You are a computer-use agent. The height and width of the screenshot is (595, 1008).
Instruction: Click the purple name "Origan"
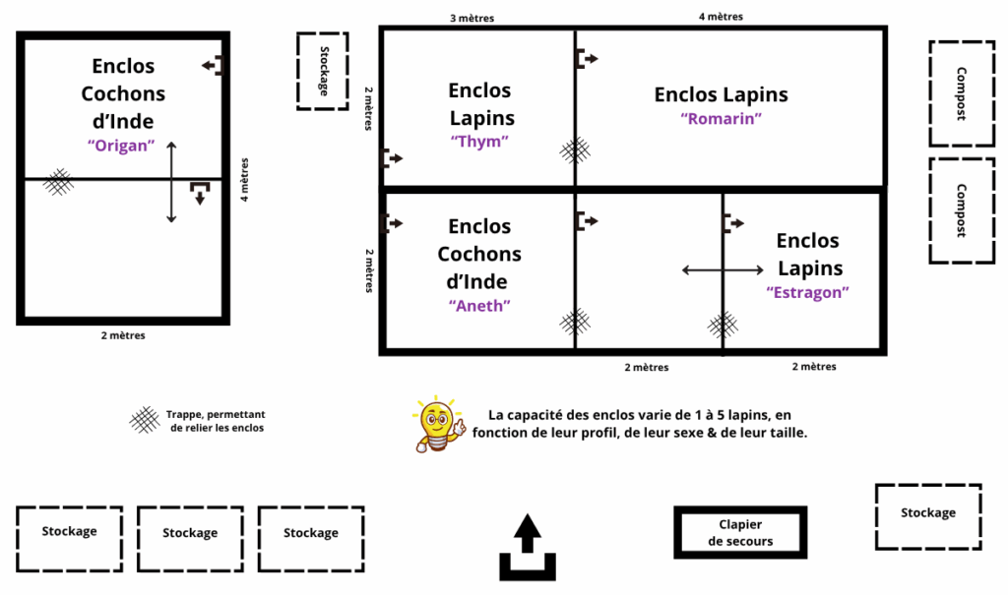click(x=123, y=145)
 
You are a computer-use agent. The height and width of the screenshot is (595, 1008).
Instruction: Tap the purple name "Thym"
click(x=478, y=142)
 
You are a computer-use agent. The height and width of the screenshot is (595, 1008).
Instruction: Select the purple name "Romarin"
click(x=721, y=119)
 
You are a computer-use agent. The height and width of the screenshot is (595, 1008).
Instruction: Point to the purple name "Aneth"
click(x=479, y=305)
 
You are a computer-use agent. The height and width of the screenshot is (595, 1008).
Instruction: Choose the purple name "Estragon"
click(x=807, y=292)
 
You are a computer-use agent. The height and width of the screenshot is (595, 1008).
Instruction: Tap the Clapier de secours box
click(x=740, y=533)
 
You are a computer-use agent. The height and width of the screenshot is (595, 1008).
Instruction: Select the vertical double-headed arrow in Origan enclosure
click(x=171, y=182)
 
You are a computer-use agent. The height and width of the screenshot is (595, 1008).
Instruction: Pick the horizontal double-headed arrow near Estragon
click(x=723, y=269)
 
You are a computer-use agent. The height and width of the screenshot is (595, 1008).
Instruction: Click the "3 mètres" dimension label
click(x=472, y=18)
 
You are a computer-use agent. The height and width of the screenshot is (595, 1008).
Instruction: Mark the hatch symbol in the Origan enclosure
click(x=59, y=180)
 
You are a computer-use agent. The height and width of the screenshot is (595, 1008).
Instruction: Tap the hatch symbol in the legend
click(x=145, y=420)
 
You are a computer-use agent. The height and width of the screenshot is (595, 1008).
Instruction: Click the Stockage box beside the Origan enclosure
click(x=323, y=71)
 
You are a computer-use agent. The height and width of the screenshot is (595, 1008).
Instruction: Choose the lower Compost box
click(x=960, y=209)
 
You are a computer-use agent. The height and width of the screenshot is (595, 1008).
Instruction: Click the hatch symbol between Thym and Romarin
click(x=576, y=149)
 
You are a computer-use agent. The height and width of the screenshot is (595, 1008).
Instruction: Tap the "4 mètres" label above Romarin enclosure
click(x=720, y=16)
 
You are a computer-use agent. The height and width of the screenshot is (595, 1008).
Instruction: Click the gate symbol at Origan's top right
click(x=214, y=66)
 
